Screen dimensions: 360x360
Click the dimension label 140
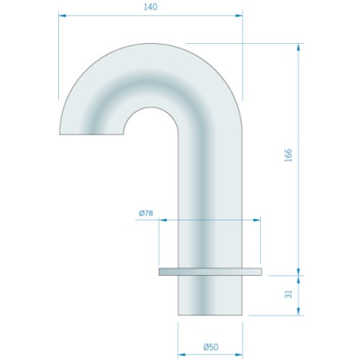(150, 7)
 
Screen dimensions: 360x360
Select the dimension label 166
(289, 155)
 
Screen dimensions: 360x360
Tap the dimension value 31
(289, 294)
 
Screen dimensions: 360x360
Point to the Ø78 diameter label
(146, 213)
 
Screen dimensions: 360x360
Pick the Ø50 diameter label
(211, 347)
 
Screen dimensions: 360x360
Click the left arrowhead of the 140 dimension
(63, 16)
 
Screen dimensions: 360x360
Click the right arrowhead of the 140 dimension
(239, 16)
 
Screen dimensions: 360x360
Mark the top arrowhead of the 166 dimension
(298, 48)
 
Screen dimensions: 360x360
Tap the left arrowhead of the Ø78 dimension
(163, 220)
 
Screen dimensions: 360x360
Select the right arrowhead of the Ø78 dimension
(257, 220)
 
